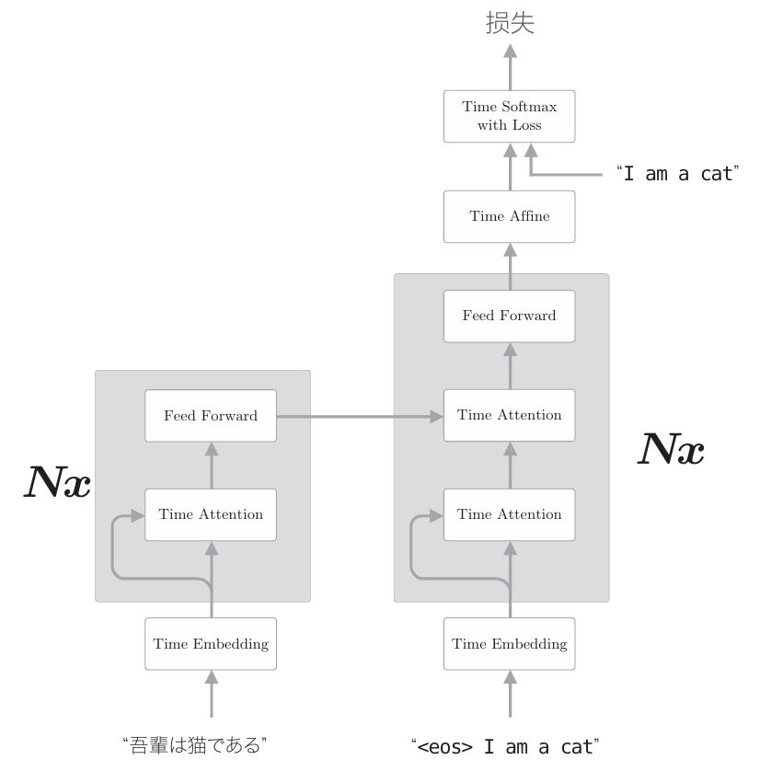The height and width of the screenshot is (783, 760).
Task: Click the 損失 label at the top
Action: [509, 24]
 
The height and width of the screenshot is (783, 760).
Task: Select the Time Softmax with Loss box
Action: [509, 115]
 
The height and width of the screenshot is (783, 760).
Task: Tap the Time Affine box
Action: [509, 216]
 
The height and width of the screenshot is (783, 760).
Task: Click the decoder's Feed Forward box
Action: [509, 316]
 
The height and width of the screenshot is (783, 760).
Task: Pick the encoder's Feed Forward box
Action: [211, 415]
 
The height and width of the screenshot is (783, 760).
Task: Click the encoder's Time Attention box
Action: [211, 514]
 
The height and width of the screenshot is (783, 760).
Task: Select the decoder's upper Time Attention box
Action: [509, 415]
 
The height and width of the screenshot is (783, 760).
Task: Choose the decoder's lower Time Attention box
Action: [509, 514]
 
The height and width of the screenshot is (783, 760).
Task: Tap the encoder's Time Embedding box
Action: [211, 643]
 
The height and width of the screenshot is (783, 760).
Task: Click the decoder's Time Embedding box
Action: [509, 643]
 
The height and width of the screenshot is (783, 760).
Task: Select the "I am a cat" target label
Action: [678, 173]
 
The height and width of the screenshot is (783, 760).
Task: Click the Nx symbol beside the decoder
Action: [671, 448]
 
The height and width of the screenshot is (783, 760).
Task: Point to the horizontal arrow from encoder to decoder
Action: [359, 417]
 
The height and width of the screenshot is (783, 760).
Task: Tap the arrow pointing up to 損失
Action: [509, 64]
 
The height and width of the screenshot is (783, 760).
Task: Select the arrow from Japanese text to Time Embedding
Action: [212, 694]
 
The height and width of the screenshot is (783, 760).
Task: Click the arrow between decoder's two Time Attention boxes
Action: [509, 465]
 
